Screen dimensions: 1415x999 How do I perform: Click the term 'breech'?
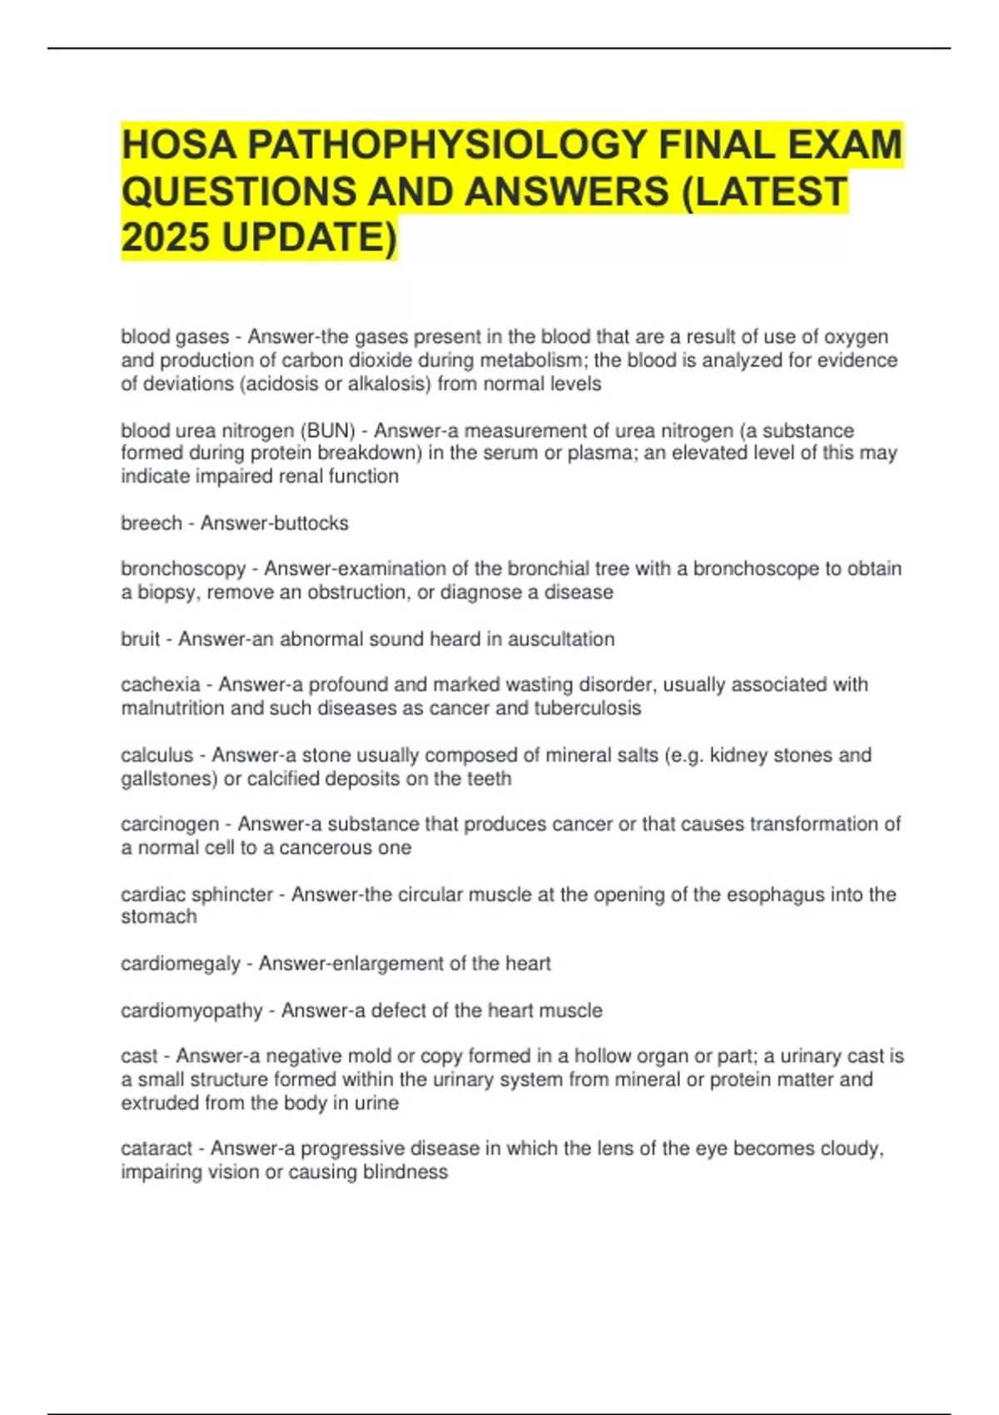coord(151,524)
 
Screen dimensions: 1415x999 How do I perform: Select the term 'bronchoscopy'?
coord(183,569)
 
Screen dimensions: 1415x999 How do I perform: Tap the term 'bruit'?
coord(140,639)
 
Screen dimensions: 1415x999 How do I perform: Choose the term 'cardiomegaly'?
coord(181,964)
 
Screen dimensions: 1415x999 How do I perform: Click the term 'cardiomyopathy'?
coord(191,1010)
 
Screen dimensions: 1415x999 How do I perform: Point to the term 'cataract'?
coord(157,1149)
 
